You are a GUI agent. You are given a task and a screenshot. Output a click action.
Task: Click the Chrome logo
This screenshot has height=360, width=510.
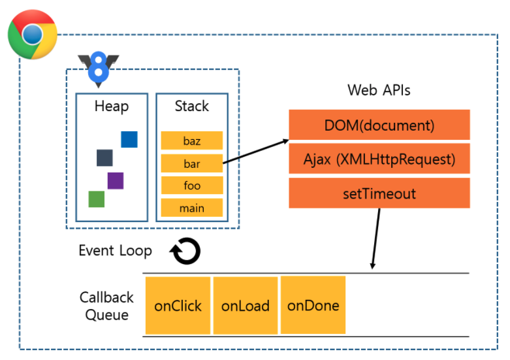tap(33, 35)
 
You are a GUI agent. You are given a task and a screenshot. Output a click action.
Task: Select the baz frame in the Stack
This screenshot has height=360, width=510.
tap(192, 140)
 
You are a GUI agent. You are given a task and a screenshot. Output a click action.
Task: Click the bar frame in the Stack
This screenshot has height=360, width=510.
tap(192, 163)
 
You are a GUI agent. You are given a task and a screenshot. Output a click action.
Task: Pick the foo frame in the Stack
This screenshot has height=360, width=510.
tap(192, 186)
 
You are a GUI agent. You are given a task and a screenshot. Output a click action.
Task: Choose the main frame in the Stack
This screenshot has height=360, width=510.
tap(192, 208)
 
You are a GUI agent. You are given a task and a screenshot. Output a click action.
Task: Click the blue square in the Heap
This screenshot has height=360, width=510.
tap(129, 139)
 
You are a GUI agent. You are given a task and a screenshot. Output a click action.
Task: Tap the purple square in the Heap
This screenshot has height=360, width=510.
tap(116, 180)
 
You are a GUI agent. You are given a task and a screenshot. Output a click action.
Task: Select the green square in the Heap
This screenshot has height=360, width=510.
tap(97, 199)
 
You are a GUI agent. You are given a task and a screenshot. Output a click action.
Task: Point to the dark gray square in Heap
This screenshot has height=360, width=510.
tap(104, 158)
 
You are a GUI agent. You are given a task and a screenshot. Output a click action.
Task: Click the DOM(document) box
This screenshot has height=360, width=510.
tap(379, 125)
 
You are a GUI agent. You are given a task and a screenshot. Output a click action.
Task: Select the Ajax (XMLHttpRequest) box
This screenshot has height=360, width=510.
tap(379, 159)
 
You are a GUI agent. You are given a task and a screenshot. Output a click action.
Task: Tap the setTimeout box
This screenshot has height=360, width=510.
tap(379, 193)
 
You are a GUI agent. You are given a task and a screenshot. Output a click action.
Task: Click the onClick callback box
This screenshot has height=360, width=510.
tap(178, 306)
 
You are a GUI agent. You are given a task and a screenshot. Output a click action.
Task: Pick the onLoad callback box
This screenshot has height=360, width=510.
tap(246, 306)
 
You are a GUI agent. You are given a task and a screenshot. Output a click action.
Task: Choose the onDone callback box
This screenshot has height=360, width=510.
tap(313, 305)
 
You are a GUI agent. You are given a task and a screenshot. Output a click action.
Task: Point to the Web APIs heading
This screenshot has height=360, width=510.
tap(379, 90)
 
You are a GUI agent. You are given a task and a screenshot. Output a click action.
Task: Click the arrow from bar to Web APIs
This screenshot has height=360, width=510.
tap(256, 152)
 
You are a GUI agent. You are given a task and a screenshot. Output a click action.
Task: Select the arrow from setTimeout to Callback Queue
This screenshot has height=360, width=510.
tap(376, 238)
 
